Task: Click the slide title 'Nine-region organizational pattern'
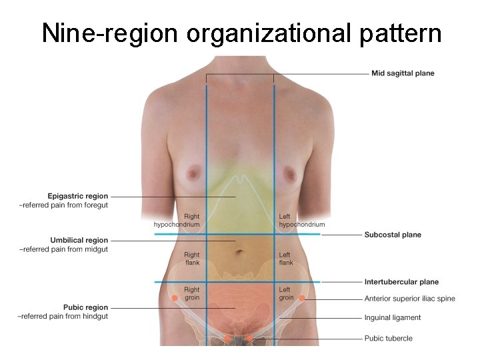pyautogui.click(x=241, y=33)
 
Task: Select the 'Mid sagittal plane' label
pyautogui.click(x=403, y=73)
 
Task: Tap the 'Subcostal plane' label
pyautogui.click(x=393, y=235)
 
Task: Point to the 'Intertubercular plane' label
pyautogui.click(x=401, y=282)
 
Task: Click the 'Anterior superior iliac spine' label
pyautogui.click(x=409, y=299)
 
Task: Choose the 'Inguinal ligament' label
pyautogui.click(x=393, y=318)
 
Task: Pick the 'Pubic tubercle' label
pyautogui.click(x=388, y=338)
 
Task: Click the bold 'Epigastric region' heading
pyautogui.click(x=77, y=196)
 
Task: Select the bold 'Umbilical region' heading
pyautogui.click(x=79, y=240)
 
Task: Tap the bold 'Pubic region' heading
pyautogui.click(x=85, y=307)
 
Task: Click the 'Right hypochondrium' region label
pyautogui.click(x=177, y=221)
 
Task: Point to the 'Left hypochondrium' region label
pyautogui.click(x=302, y=221)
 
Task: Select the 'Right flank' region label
pyautogui.click(x=191, y=259)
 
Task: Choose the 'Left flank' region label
pyautogui.click(x=285, y=259)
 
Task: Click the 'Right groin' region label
pyautogui.click(x=191, y=294)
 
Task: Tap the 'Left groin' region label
pyautogui.click(x=286, y=294)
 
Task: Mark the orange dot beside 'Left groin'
pyautogui.click(x=302, y=298)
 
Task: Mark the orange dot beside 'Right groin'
pyautogui.click(x=175, y=298)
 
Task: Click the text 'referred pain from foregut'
pyautogui.click(x=65, y=205)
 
